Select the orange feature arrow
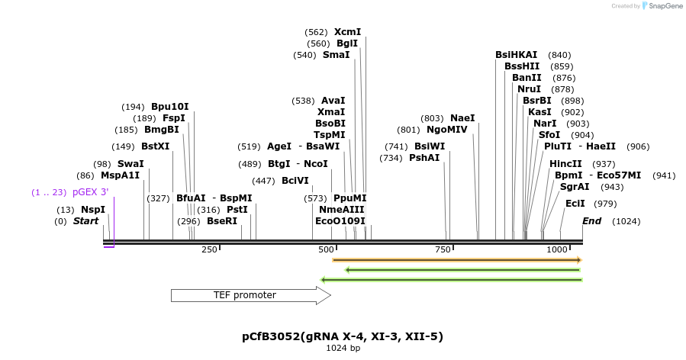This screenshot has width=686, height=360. coord(456,260)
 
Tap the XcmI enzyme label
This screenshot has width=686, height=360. coord(347,32)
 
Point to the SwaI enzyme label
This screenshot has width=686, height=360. coord(130,164)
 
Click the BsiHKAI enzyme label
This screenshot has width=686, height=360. coord(516,55)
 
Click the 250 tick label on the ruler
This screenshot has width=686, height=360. coord(209,249)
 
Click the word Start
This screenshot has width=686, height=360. coord(86,221)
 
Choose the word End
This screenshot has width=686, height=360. coord(591,221)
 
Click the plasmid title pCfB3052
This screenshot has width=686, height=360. coord(342,336)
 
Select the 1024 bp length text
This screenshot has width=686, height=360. coord(343,349)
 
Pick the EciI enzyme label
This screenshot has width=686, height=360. coord(575,204)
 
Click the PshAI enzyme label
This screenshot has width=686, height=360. coord(424,158)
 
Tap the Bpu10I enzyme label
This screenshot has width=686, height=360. coord(169,107)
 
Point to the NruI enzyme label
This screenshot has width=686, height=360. coord(529,89)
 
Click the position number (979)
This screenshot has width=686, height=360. coord(605,204)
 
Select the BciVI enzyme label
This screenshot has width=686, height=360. coord(295,181)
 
